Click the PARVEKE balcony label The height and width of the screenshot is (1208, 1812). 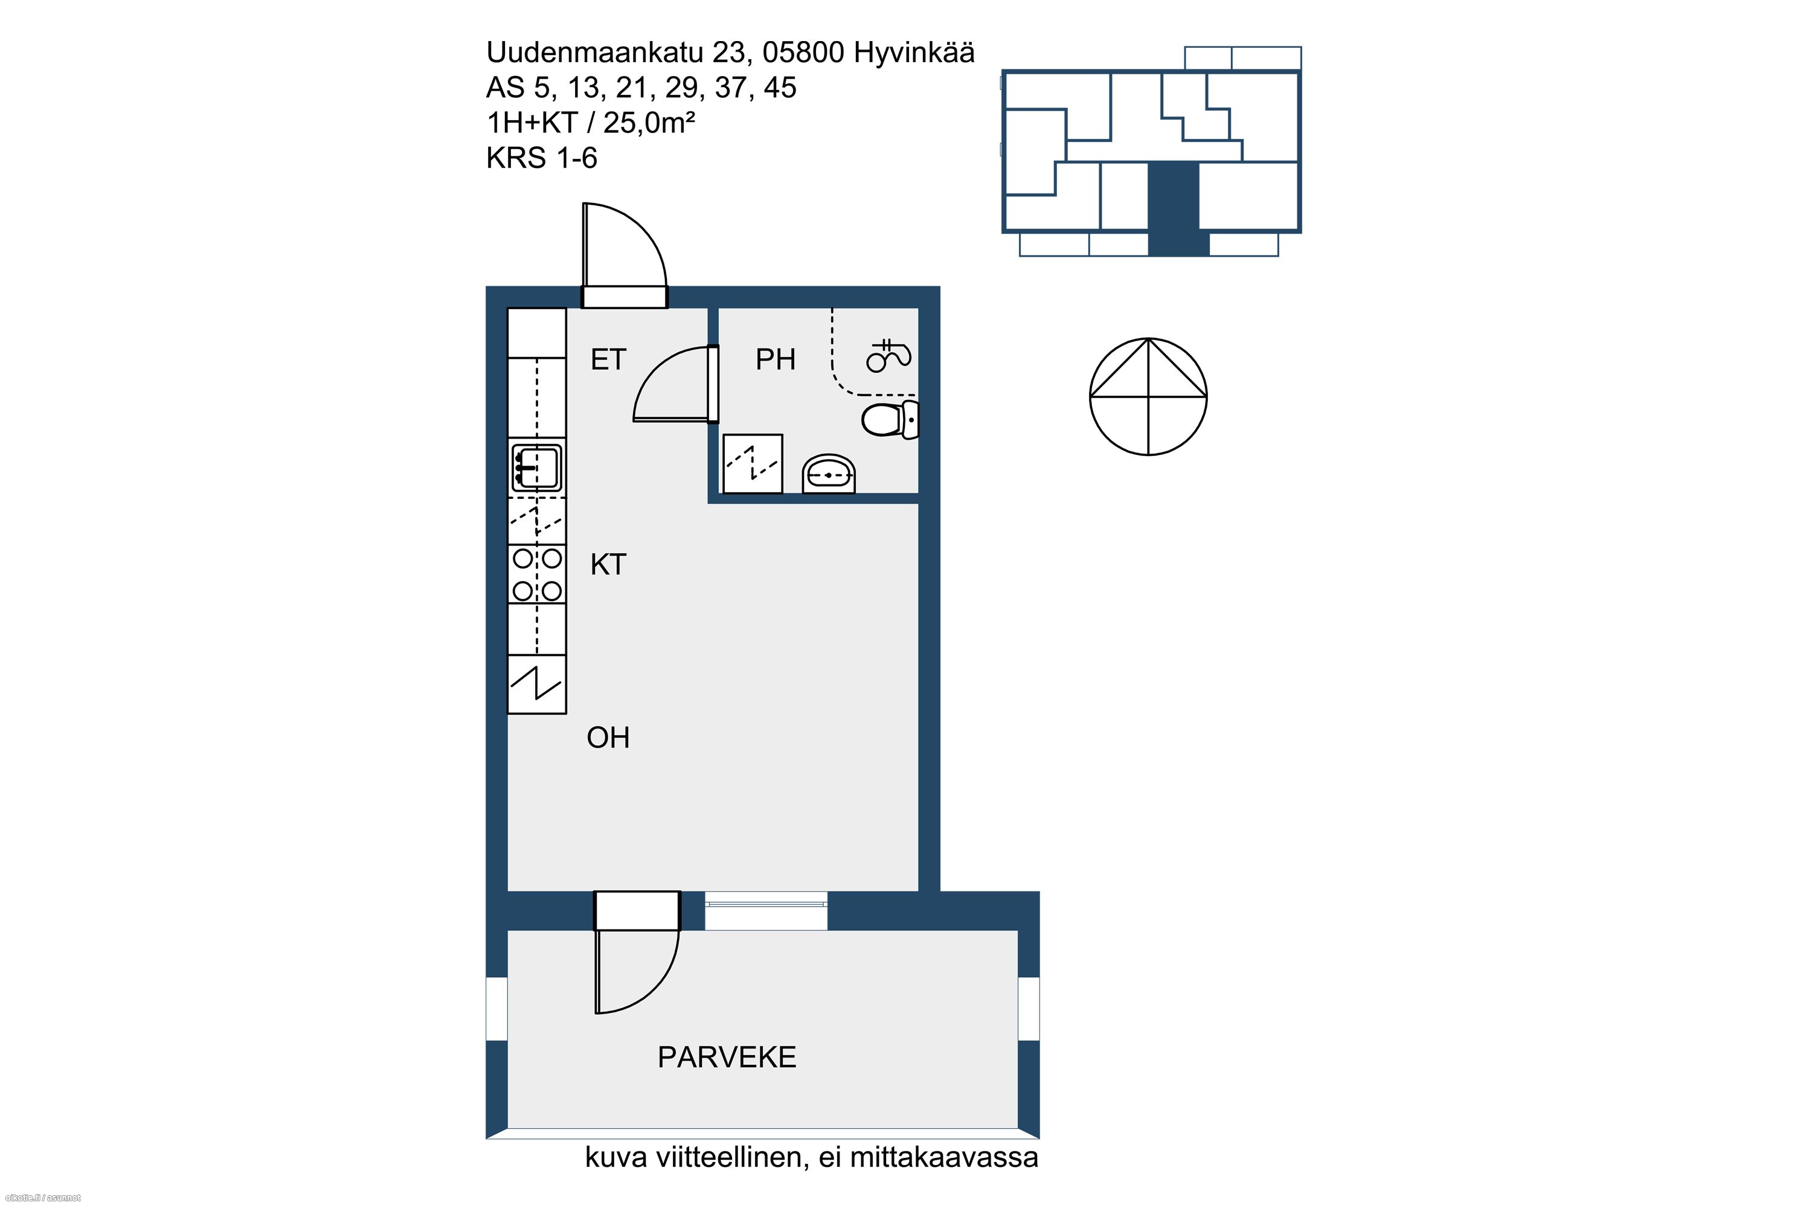tap(727, 1057)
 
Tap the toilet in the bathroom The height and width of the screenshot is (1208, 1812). tap(890, 420)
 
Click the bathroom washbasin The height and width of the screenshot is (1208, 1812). tap(829, 473)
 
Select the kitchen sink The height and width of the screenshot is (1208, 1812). tap(537, 467)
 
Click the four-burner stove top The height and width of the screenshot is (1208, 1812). tap(537, 574)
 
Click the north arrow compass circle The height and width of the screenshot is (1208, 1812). tap(1148, 397)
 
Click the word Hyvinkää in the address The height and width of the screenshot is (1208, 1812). tap(914, 53)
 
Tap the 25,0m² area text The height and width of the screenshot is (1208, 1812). tap(649, 123)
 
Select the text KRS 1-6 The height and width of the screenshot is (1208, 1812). tap(542, 158)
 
